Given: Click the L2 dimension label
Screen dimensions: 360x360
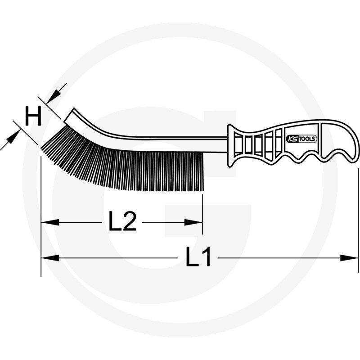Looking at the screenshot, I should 122,222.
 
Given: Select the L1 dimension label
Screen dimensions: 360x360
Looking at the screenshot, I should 198,258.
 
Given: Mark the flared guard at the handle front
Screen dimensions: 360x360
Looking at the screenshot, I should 232,143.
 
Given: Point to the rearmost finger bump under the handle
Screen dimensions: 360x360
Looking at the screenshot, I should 335,157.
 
